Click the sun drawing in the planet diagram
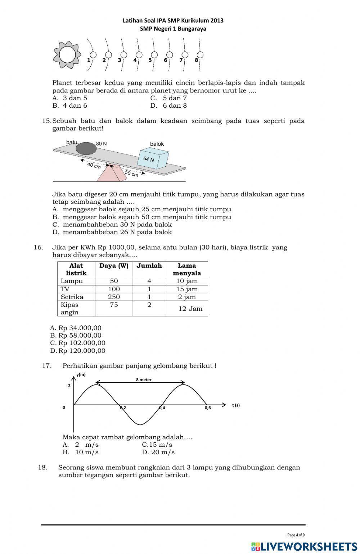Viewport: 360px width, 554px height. [67, 55]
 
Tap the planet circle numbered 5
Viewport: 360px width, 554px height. [154, 55]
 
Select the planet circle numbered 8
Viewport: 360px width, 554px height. [201, 55]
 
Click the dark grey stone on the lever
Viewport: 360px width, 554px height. [86, 148]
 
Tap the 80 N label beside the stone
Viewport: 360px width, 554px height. [102, 144]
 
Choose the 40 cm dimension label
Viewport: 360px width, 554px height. [94, 166]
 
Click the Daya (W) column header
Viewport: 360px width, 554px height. [114, 266]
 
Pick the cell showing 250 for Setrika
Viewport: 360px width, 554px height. [114, 297]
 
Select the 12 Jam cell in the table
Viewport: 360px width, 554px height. [190, 308]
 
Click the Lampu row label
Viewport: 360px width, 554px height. [72, 281]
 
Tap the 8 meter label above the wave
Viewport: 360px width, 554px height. [144, 379]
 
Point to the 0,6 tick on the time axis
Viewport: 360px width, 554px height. [208, 408]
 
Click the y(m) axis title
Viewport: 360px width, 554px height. [81, 374]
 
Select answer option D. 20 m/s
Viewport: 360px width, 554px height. [158, 452]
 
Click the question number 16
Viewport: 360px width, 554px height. [38, 247]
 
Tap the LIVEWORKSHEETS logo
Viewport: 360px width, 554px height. [304, 546]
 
